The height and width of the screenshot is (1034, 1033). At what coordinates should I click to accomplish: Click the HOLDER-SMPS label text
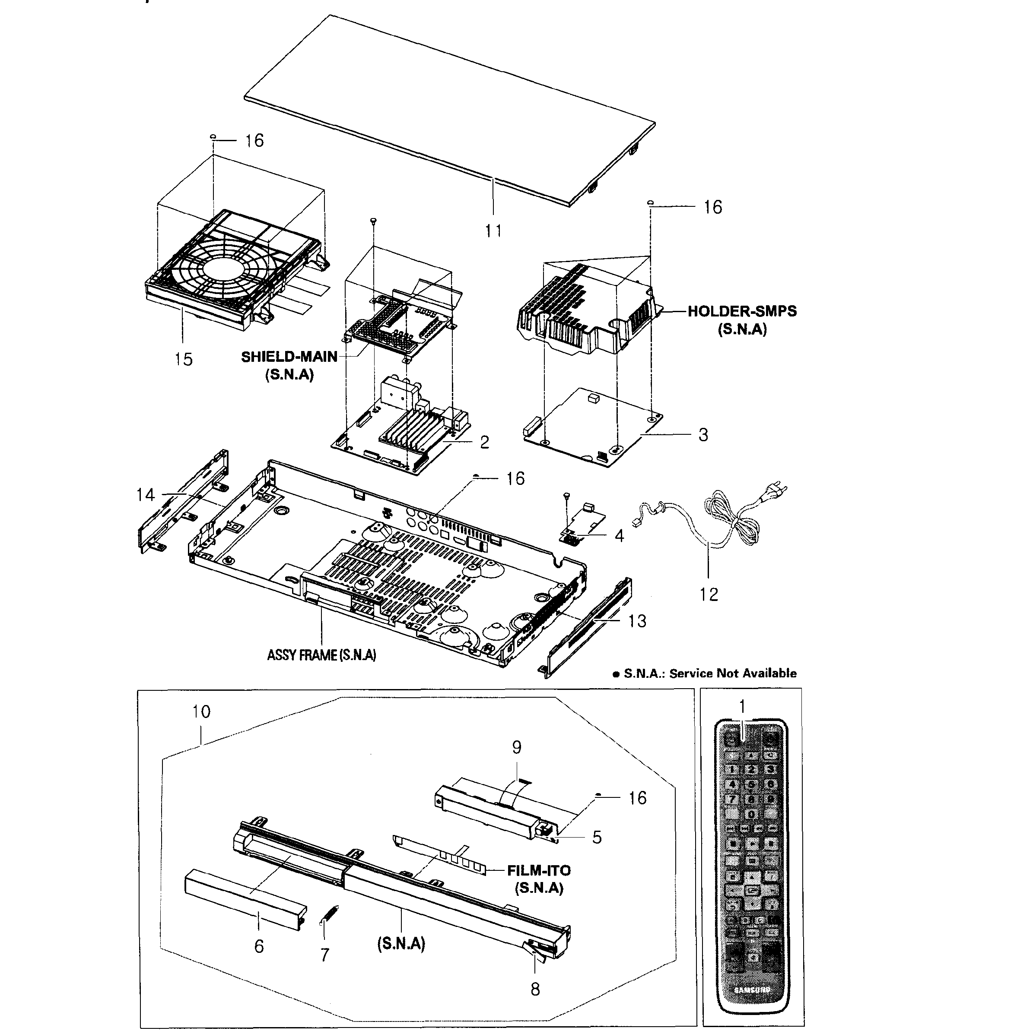pyautogui.click(x=742, y=311)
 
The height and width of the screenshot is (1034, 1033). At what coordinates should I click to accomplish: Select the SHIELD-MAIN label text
pyautogui.click(x=289, y=357)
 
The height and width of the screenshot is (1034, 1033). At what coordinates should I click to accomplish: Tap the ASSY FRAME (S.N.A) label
pyautogui.click(x=321, y=655)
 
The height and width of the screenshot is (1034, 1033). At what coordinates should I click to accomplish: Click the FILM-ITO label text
pyautogui.click(x=539, y=870)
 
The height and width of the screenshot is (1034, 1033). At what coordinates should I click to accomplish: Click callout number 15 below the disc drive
pyautogui.click(x=183, y=359)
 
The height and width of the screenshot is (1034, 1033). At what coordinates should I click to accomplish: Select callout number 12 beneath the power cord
pyautogui.click(x=709, y=594)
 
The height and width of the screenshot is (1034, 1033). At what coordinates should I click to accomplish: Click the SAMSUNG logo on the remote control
pyautogui.click(x=751, y=990)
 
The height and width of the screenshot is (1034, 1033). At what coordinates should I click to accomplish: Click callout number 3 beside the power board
pyautogui.click(x=703, y=435)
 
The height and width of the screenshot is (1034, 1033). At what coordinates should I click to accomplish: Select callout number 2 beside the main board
pyautogui.click(x=484, y=442)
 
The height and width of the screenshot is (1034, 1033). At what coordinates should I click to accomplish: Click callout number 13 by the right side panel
pyautogui.click(x=637, y=621)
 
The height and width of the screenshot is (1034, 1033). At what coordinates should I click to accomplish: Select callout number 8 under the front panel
pyautogui.click(x=535, y=989)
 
